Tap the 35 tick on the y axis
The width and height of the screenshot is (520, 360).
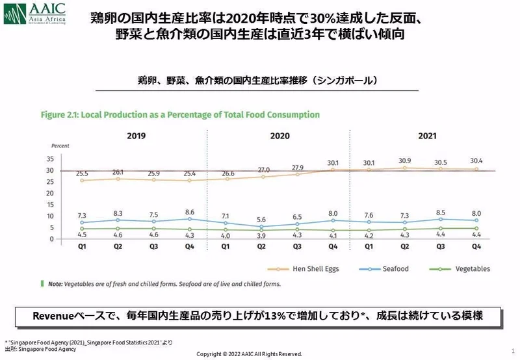(x=50, y=159)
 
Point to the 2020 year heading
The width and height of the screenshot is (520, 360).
(x=279, y=136)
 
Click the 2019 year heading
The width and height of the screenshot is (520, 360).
(x=136, y=136)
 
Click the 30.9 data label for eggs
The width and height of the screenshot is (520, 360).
(x=404, y=160)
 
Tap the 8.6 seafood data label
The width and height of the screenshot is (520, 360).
(x=190, y=212)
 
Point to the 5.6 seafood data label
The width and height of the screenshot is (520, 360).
(x=261, y=220)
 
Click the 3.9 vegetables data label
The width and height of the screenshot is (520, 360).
(x=261, y=236)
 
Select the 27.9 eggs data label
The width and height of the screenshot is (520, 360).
(x=297, y=167)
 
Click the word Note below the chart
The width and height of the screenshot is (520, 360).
(x=56, y=283)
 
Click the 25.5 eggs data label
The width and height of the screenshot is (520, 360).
(x=83, y=174)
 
